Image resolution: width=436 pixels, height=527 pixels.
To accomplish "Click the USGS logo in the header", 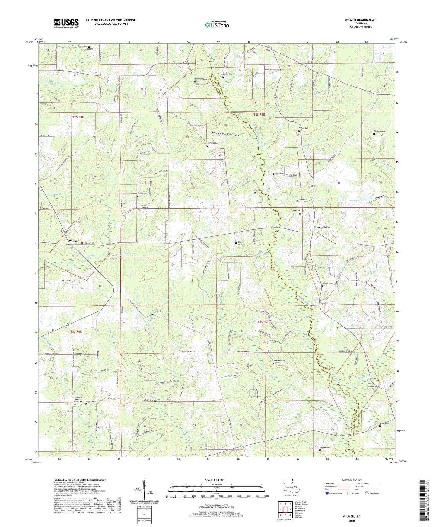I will (66, 23).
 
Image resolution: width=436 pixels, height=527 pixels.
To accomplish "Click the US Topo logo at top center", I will (217, 25).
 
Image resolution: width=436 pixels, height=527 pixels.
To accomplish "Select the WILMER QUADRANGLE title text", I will (360, 20).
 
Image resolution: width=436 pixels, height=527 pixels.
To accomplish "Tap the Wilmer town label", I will (74, 241).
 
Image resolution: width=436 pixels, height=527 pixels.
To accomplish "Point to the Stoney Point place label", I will (322, 227).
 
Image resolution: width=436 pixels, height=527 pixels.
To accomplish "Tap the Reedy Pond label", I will (356, 200).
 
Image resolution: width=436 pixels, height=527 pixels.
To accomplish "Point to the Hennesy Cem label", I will (279, 361).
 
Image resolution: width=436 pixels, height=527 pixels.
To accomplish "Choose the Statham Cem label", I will (158, 311).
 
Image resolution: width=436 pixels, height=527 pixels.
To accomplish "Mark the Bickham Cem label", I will (379, 131).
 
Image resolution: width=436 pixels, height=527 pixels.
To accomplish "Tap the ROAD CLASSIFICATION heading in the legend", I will (351, 480).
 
